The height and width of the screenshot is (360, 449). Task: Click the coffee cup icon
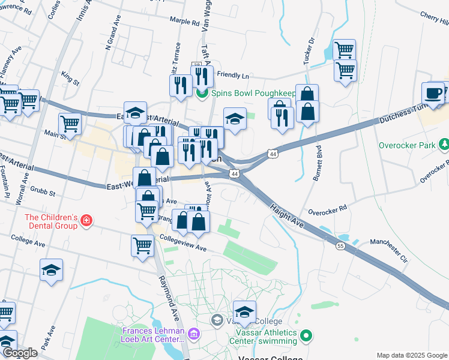click(433, 94)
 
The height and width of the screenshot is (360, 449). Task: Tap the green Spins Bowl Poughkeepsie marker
click(202, 93)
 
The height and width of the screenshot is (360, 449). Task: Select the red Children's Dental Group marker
click(87, 221)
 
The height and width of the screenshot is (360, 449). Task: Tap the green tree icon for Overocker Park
click(444, 145)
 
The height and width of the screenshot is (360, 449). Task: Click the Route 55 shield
click(340, 247)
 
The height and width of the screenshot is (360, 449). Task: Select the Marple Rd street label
click(184, 22)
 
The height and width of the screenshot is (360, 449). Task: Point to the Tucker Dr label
click(309, 52)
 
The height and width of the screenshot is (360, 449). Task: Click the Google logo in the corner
click(20, 353)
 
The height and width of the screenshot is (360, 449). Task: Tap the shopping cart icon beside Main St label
click(70, 124)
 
